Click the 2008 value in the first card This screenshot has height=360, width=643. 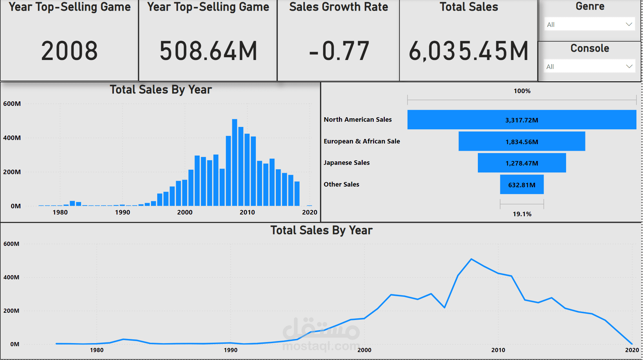click(69, 51)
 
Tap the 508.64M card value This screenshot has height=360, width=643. click(208, 51)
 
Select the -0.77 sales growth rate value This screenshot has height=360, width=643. click(339, 51)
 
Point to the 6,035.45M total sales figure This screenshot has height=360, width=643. click(469, 51)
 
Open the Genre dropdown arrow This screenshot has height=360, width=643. click(629, 24)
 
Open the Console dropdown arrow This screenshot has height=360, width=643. click(629, 66)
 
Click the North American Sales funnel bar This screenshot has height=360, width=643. click(522, 120)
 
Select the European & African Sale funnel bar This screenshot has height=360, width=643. click(522, 141)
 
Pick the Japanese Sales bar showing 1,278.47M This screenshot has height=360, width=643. click(522, 163)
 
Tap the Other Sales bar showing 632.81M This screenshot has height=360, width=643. click(522, 184)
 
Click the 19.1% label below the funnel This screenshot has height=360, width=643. click(522, 214)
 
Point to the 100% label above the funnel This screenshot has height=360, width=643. click(522, 91)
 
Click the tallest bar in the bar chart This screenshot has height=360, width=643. click(234, 162)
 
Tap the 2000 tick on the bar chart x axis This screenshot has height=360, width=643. click(185, 212)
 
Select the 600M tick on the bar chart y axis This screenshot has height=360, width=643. click(12, 104)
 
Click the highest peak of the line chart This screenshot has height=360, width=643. click(471, 259)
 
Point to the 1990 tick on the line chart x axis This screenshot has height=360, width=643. click(231, 350)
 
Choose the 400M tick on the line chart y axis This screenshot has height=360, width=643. click(11, 277)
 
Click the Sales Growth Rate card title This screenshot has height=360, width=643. click(339, 7)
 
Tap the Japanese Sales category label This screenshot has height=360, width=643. click(346, 163)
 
